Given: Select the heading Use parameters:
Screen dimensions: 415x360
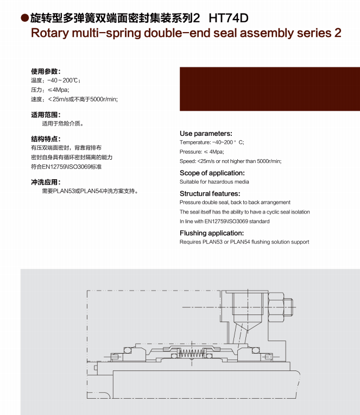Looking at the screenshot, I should coord(206,133).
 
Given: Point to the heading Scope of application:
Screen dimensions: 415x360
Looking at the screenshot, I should coord(208,173).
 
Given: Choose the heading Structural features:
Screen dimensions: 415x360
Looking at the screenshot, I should coord(210,193).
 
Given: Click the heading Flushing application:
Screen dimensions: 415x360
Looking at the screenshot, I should coord(212,233).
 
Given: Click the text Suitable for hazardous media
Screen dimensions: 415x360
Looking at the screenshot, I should coord(214,181).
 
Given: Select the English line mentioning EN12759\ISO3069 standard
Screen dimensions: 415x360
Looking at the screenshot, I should coord(224,221).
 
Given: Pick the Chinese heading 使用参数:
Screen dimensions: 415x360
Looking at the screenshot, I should coord(46,71).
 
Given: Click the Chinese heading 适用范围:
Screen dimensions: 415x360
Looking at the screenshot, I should coord(46,115).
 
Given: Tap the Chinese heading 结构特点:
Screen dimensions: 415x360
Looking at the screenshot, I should coord(46,139).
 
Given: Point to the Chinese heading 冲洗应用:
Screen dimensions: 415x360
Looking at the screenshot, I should coord(46,182).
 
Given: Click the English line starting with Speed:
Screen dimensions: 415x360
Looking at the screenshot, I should coord(230,161).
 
